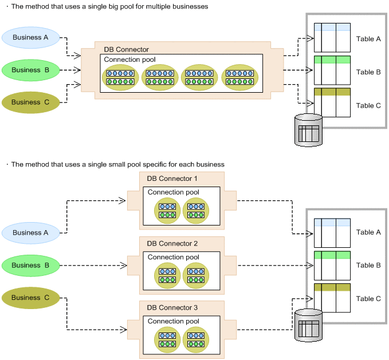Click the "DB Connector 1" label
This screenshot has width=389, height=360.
point(172,179)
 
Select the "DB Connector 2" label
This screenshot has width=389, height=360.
point(172,243)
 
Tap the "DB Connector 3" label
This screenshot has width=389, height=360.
point(172,308)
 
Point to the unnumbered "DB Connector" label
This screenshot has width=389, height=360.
point(126,50)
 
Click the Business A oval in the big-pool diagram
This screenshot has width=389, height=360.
point(30,38)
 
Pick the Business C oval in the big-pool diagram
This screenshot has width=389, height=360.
point(30,102)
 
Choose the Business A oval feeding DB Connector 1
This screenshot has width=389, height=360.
point(30,233)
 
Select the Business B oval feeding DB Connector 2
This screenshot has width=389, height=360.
point(30,265)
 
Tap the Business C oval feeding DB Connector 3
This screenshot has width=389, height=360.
point(30,297)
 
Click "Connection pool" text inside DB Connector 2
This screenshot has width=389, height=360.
point(174,257)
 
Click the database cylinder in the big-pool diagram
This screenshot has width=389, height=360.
point(308,129)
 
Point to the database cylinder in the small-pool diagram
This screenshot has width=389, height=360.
point(308,325)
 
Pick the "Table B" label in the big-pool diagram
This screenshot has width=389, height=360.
point(368,72)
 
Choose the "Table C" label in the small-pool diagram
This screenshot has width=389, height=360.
point(368,299)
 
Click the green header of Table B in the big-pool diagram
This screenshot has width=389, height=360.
point(332,60)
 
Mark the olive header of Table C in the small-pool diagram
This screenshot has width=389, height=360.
point(332,287)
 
